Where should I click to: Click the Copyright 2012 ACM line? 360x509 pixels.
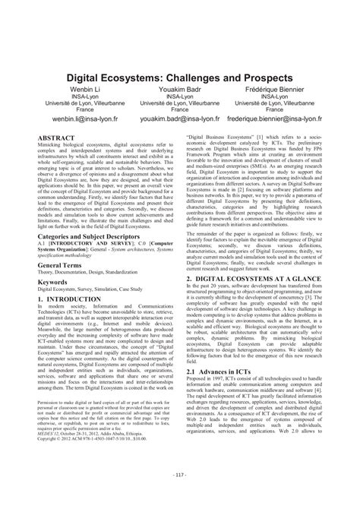[x=96, y=460]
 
